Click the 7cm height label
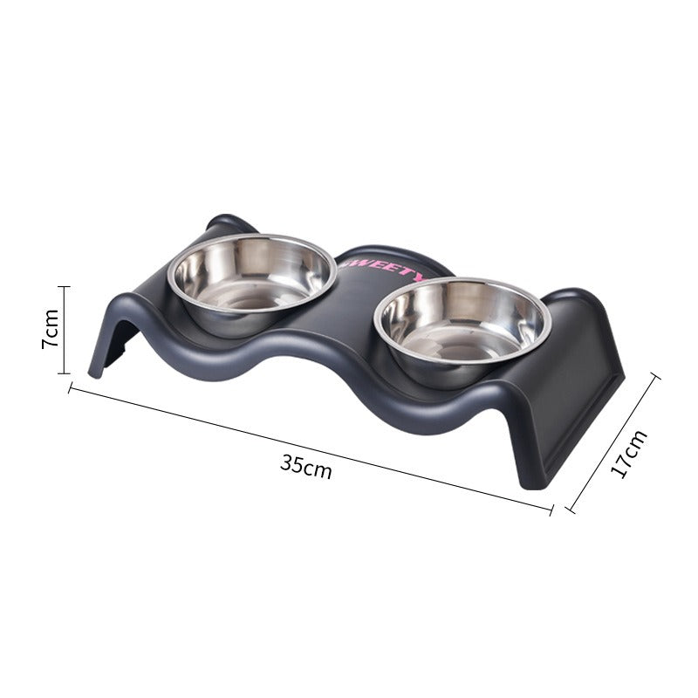[51, 329]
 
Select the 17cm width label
[627, 453]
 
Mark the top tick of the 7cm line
[64, 285]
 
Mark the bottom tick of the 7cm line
[64, 373]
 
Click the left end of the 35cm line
[70, 388]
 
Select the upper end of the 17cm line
[654, 376]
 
